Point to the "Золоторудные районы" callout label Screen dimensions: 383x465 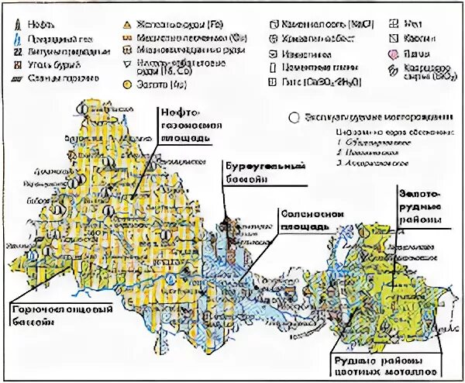(x=419, y=205)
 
